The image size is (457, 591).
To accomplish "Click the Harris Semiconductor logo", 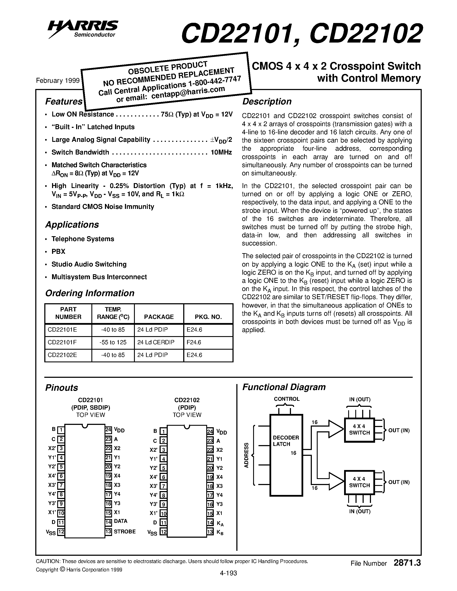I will [x=83, y=28].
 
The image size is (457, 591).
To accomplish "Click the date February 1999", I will [x=58, y=81].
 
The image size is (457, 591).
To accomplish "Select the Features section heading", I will [x=64, y=101].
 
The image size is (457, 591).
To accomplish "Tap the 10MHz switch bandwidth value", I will [x=221, y=152].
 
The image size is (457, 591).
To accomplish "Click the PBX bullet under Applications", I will [x=58, y=251].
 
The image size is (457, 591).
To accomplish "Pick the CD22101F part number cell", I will [x=62, y=342].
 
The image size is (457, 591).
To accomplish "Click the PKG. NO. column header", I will [x=208, y=317].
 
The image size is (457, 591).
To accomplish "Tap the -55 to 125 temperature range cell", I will [x=113, y=342].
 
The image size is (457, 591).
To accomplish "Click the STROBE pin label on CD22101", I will [x=125, y=531].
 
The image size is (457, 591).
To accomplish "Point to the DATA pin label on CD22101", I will [x=120, y=521].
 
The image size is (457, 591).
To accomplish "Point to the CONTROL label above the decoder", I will [x=286, y=399].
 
